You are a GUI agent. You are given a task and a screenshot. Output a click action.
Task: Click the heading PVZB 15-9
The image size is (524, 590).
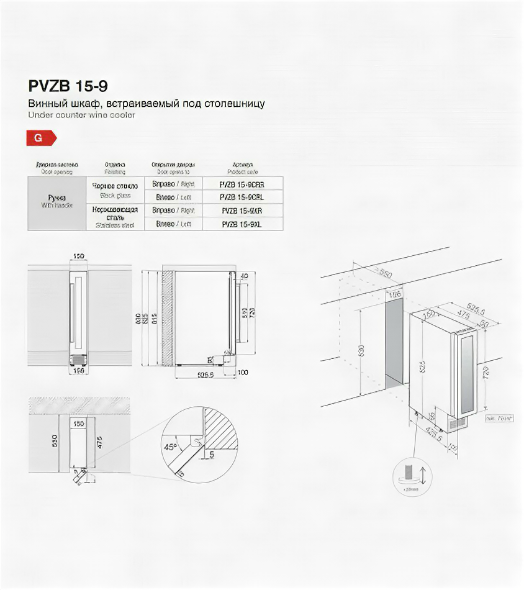[x=63, y=85]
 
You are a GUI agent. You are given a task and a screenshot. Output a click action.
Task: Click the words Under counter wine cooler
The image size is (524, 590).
[x=81, y=115]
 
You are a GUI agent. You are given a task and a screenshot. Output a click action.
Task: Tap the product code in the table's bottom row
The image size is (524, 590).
[x=242, y=224]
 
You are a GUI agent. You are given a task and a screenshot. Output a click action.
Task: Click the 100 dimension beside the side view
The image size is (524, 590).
[x=242, y=372]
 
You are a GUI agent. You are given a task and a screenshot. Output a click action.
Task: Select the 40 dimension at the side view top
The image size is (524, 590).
[x=243, y=276]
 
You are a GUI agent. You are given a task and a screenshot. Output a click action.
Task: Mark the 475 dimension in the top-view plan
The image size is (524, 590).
[x=99, y=443]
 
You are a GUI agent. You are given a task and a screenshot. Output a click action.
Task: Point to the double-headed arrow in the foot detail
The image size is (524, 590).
[x=422, y=476]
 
